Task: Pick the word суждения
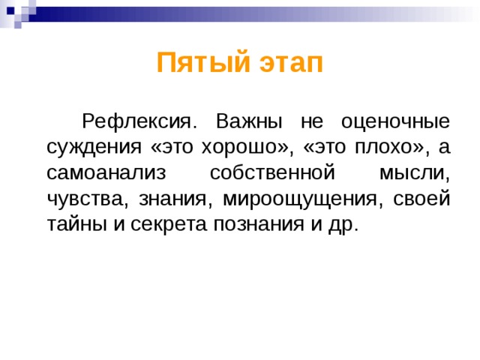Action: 88,147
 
